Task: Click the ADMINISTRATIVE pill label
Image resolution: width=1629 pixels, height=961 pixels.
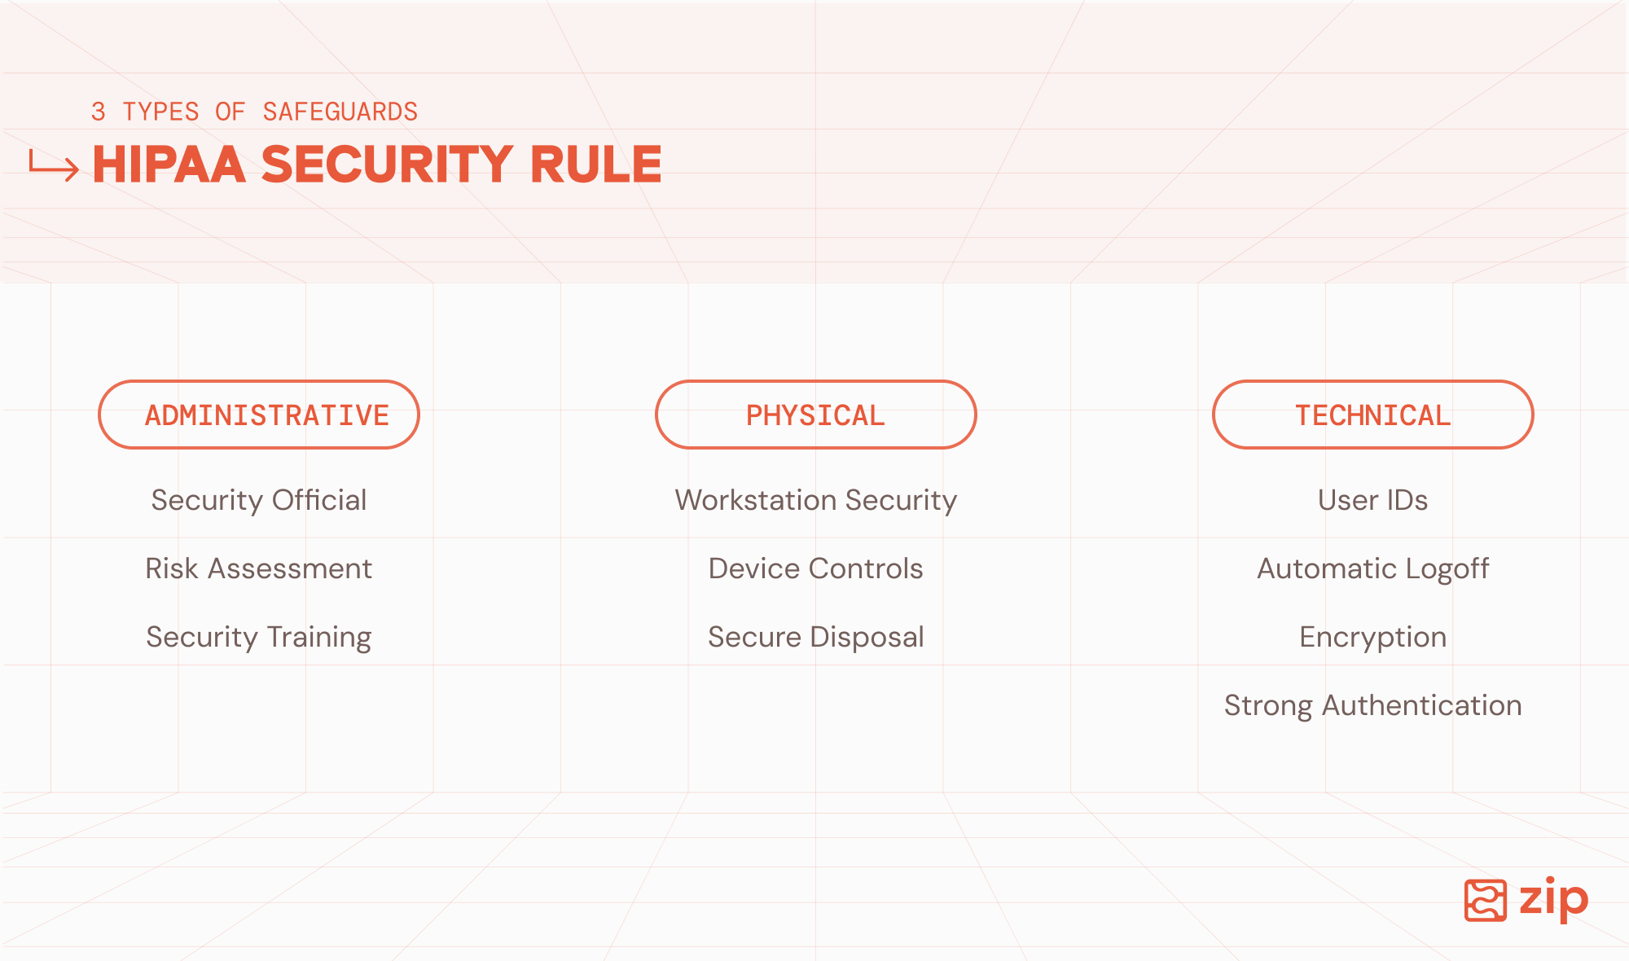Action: point(259,415)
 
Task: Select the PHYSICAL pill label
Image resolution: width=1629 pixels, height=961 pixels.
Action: point(815,415)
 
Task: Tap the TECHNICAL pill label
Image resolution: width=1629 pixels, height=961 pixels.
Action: point(1372,415)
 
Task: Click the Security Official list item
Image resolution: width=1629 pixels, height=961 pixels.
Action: point(259,500)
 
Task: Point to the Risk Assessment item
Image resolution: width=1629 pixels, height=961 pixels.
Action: point(259,568)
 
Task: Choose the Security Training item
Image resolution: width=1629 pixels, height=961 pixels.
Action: point(259,637)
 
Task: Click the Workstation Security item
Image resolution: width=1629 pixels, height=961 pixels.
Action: point(815,500)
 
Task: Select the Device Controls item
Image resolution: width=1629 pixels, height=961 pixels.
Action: point(815,568)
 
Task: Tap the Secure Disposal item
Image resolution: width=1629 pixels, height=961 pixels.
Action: point(815,637)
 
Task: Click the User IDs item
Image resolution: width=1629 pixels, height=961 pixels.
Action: point(1372,500)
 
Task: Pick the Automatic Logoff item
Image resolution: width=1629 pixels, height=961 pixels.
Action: point(1372,568)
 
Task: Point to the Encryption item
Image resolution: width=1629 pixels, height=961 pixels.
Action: point(1372,637)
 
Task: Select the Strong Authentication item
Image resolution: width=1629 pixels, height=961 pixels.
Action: point(1372,705)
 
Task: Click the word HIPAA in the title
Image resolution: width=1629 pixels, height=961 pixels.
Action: point(169,164)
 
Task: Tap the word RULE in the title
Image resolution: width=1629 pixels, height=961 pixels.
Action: point(596,164)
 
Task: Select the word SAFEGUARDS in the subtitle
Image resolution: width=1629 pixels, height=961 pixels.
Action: point(340,112)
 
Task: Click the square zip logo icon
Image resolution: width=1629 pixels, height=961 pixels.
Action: point(1486,900)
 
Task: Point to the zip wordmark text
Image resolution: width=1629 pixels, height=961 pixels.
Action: point(1554,900)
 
